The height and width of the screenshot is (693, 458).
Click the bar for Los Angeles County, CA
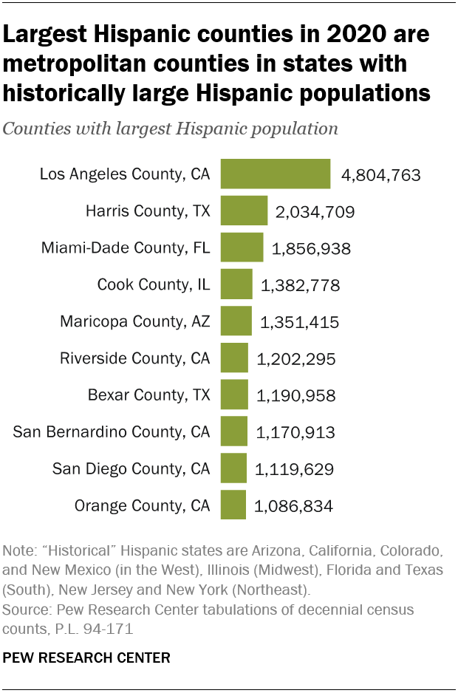[x=276, y=174]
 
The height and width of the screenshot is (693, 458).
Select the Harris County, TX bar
[x=244, y=211]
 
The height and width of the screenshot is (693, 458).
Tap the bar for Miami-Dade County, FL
[x=242, y=247]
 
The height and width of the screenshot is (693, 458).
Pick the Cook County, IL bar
[x=236, y=284]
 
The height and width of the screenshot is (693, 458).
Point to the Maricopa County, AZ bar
[x=236, y=321]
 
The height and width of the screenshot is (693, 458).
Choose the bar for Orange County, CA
[x=233, y=505]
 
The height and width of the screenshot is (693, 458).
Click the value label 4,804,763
[x=380, y=176]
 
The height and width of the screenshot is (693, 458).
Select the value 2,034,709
[x=315, y=213]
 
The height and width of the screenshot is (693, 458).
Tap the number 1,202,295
[x=296, y=360]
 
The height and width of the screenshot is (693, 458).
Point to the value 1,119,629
[x=294, y=470]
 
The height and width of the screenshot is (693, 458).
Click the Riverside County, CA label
[x=135, y=359]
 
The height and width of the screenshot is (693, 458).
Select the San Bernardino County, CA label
[x=112, y=432]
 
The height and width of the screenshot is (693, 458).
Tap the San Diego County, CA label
[x=131, y=469]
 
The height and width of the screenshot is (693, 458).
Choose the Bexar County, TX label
[x=149, y=395]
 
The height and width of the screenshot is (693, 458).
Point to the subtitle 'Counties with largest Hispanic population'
[x=171, y=129]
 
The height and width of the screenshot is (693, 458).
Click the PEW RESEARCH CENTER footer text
[x=86, y=656]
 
